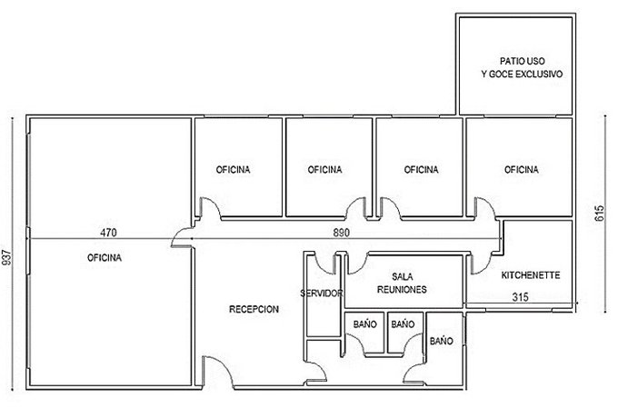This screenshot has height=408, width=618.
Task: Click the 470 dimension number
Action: pyautogui.click(x=108, y=233)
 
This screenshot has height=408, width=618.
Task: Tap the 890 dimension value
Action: pyautogui.click(x=342, y=233)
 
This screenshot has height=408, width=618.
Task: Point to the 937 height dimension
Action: pyautogui.click(x=8, y=257)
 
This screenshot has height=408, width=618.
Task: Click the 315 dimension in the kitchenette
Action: pyautogui.click(x=520, y=297)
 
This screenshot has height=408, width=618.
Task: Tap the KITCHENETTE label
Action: pyautogui.click(x=531, y=275)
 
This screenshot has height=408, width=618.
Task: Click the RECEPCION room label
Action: pyautogui.click(x=254, y=309)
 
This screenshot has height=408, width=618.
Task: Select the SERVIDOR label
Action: pyautogui.click(x=322, y=294)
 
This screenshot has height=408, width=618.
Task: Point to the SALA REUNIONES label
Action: pyautogui.click(x=402, y=283)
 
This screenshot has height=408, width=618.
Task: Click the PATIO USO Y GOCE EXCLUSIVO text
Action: pyautogui.click(x=523, y=67)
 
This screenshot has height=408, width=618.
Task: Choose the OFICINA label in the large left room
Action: pyautogui.click(x=105, y=258)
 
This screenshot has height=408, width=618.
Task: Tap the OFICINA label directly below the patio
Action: pyautogui.click(x=522, y=170)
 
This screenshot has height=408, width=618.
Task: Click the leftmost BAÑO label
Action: pyautogui.click(x=365, y=324)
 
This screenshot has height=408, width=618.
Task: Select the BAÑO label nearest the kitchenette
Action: pyautogui.click(x=442, y=341)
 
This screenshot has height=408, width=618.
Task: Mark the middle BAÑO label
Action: pyautogui.click(x=403, y=324)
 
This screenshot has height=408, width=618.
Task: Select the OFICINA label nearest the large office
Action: pyautogui.click(x=233, y=170)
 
